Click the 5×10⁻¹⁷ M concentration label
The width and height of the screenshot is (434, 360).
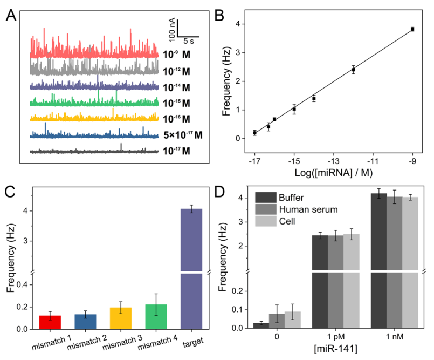click(183, 135)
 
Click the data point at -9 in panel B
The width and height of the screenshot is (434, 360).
click(412, 29)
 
